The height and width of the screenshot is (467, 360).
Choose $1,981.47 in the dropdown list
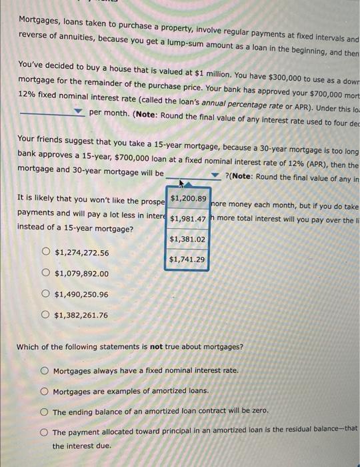tap(188, 219)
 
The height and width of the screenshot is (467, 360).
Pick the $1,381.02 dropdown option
tap(188, 239)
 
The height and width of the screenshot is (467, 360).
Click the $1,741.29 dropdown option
tap(188, 260)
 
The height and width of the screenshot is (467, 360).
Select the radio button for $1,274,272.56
tap(45, 253)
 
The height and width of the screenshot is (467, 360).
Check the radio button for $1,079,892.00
tap(45, 273)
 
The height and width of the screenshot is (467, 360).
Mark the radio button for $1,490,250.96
tap(45, 294)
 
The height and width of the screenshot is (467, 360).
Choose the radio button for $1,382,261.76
tap(45, 315)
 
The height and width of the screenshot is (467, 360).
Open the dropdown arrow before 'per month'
tap(78, 111)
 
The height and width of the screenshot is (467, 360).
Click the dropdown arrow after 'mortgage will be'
tap(215, 175)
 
